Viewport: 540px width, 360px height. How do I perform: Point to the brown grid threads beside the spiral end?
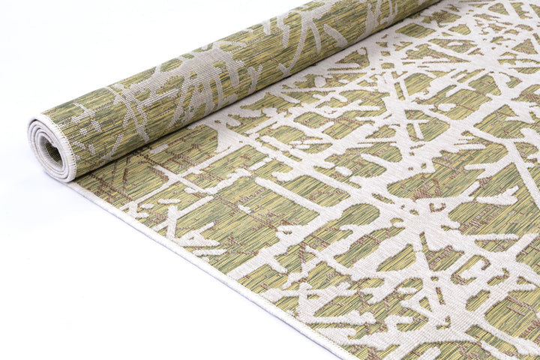[112, 180]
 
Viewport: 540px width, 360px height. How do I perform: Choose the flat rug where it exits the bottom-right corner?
[517, 345]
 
